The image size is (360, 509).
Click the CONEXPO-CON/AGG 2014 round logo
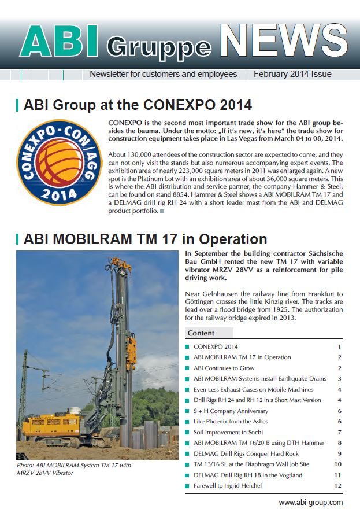[x=60, y=163]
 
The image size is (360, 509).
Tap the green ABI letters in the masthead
[x=59, y=41]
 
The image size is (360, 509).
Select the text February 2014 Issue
[x=292, y=74]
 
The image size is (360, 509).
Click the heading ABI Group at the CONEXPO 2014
[x=138, y=105]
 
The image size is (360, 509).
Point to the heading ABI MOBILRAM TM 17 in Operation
[x=145, y=239]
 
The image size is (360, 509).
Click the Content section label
[x=201, y=333]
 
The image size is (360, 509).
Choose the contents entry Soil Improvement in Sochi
[x=228, y=433]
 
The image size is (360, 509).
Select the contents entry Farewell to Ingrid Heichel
[x=227, y=486]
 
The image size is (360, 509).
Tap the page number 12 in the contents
[x=337, y=486]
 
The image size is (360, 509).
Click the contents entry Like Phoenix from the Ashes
[x=231, y=422]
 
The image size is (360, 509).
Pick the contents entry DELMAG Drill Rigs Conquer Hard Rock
[x=246, y=454]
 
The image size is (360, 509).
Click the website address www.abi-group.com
[x=311, y=502]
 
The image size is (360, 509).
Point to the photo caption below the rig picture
[x=74, y=469]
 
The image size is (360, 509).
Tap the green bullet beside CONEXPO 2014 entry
[x=187, y=346]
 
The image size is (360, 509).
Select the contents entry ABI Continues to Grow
[x=224, y=368]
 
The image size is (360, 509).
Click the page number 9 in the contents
[x=340, y=454]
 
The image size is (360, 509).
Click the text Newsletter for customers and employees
[x=164, y=74]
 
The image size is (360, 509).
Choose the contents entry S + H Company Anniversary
[x=231, y=411]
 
